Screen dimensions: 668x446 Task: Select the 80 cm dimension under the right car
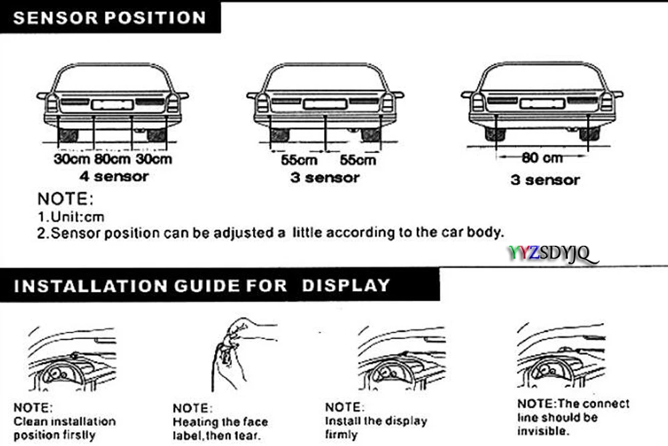click(542, 158)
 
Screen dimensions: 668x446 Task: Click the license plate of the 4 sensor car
click(112, 104)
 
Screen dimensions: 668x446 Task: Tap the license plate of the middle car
click(325, 103)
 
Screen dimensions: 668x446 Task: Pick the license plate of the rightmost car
click(542, 103)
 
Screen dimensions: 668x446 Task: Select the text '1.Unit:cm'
click(71, 217)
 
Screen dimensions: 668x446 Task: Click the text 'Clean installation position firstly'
click(64, 428)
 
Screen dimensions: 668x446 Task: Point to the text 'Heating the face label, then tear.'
click(220, 429)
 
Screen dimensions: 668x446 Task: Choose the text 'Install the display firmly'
click(375, 427)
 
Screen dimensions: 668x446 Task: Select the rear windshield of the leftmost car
click(112, 79)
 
